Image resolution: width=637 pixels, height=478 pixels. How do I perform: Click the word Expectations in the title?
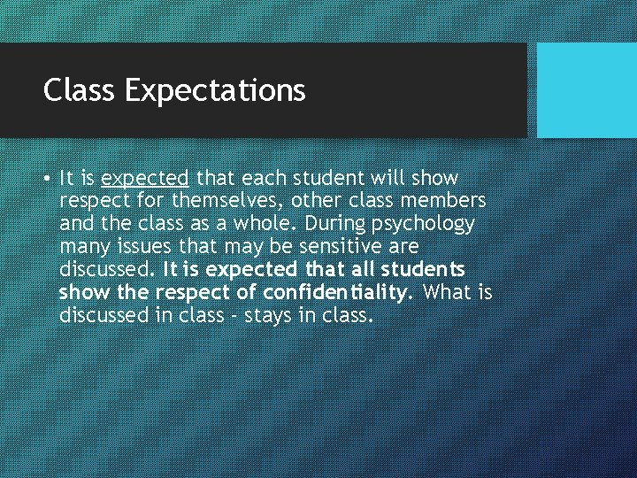coord(215,91)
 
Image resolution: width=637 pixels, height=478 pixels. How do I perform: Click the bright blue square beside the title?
coord(587,90)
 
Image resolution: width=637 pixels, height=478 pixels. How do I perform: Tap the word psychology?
coord(426,224)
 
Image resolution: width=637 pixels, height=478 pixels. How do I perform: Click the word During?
coord(338,223)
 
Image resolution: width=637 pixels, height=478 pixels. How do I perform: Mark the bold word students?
coord(422,269)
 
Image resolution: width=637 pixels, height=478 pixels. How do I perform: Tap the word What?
coord(448,292)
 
